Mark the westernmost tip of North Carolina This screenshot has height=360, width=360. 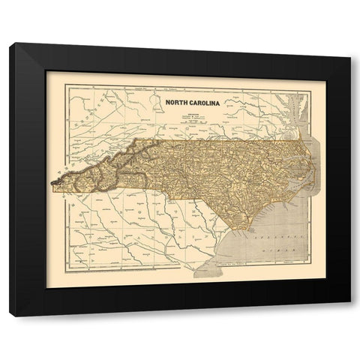(50, 181)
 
